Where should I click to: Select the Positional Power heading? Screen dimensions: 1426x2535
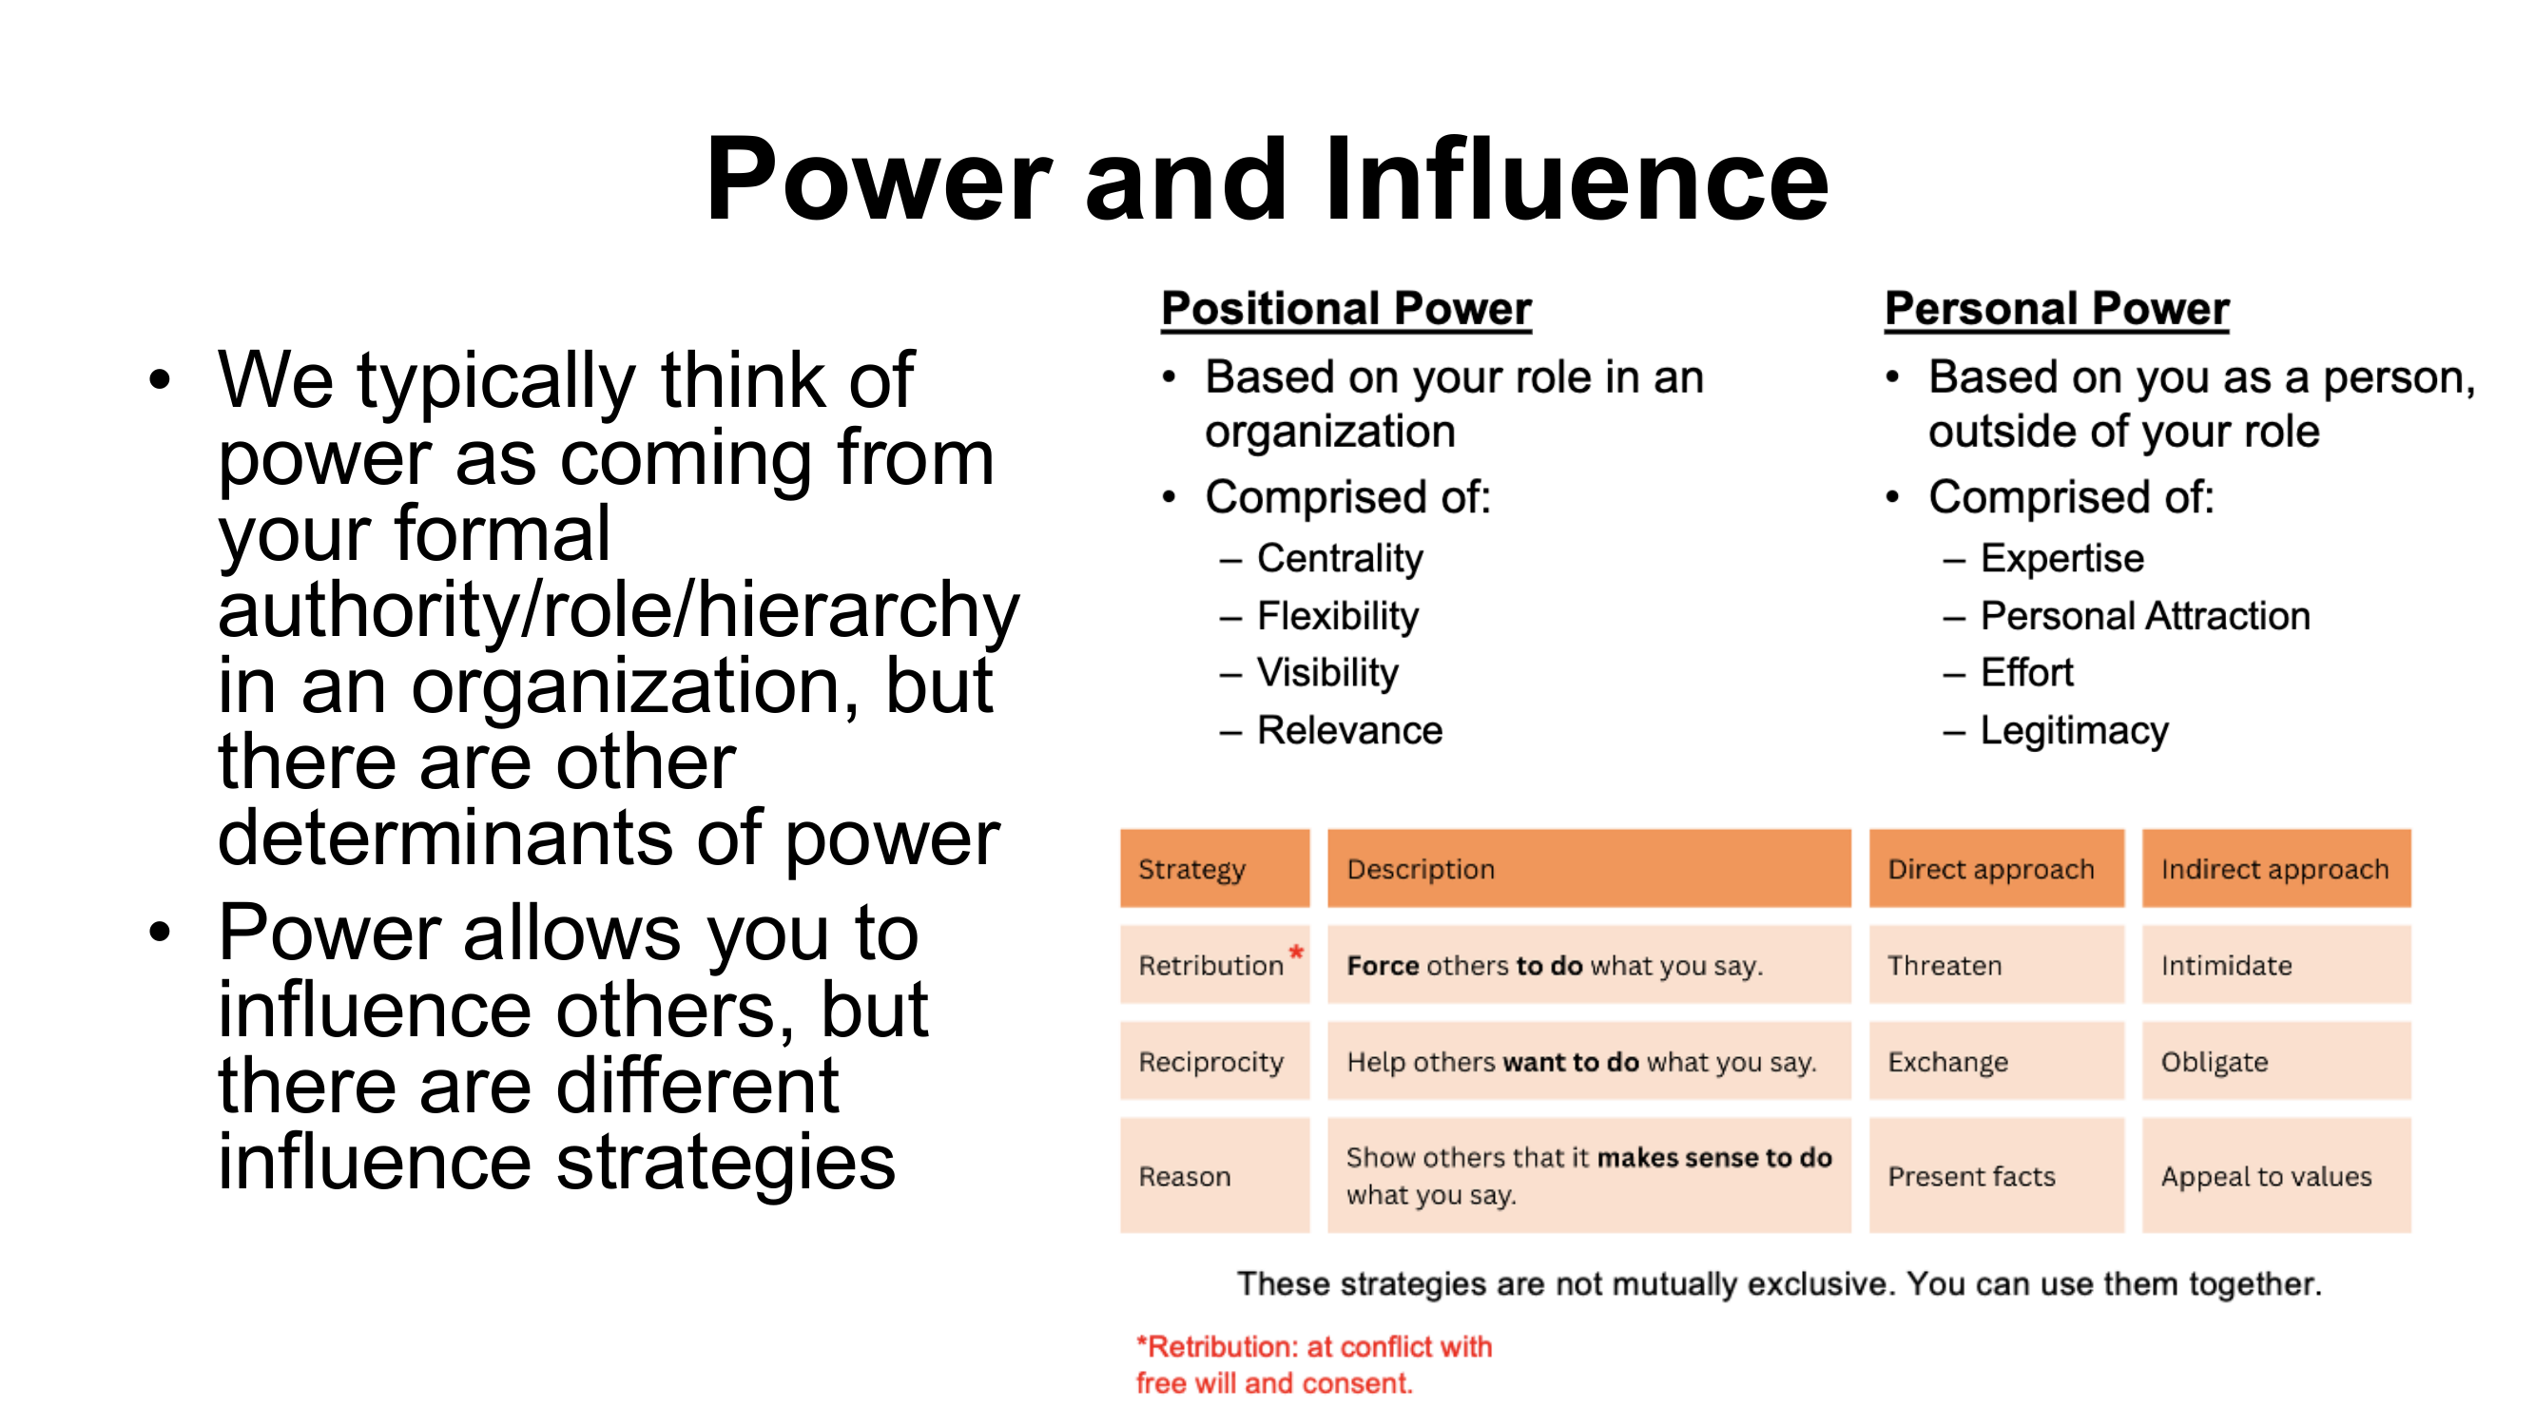[x=1345, y=309]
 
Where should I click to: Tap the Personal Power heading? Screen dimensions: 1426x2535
[x=2056, y=309]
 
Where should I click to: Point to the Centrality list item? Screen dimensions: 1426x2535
[x=1340, y=558]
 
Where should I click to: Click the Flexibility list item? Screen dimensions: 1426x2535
[x=1337, y=616]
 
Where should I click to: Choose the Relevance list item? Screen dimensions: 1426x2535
[x=1349, y=730]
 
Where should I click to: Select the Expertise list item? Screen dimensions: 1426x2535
[x=2061, y=558]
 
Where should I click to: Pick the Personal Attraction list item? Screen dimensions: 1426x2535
[x=2144, y=616]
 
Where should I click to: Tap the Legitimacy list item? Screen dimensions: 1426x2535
[x=2074, y=730]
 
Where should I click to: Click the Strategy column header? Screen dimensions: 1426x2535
[x=1191, y=869]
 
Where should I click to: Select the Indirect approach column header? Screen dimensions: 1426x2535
[x=2274, y=869]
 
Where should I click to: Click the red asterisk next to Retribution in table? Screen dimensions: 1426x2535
[x=1296, y=952]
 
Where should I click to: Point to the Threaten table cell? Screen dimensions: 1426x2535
[x=1944, y=966]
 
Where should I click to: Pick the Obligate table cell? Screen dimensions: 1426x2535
[x=2215, y=1062]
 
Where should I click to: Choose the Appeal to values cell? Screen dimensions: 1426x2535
[x=2265, y=1176]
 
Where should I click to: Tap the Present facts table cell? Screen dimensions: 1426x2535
[x=1971, y=1176]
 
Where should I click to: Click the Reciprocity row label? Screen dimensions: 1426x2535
[x=1210, y=1062]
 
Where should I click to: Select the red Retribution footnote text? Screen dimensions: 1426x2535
[x=1314, y=1364]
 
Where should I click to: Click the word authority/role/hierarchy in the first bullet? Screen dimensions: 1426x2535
[x=618, y=610]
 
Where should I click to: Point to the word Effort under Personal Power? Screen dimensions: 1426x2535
[x=2026, y=673]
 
